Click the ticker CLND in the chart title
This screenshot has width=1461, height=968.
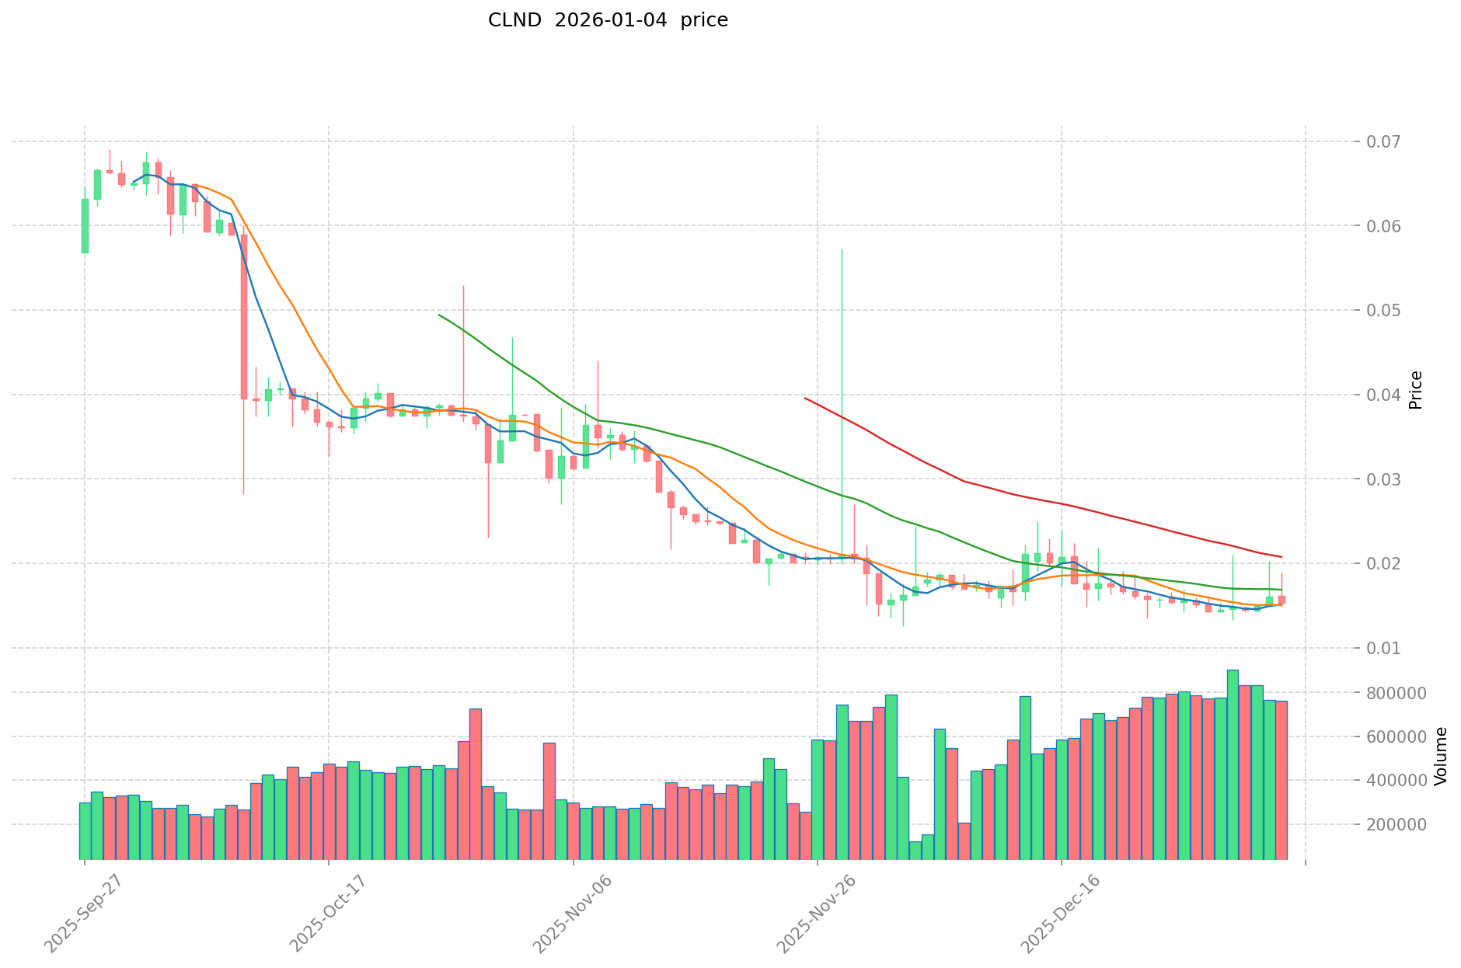(x=514, y=21)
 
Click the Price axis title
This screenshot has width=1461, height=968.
(x=1416, y=390)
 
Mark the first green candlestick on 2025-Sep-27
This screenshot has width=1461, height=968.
(x=85, y=226)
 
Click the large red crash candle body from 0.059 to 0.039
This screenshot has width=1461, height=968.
(x=244, y=317)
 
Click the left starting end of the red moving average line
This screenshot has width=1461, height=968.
(x=805, y=399)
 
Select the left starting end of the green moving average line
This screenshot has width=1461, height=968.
(x=439, y=315)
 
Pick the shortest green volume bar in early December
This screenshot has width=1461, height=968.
(x=915, y=851)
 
